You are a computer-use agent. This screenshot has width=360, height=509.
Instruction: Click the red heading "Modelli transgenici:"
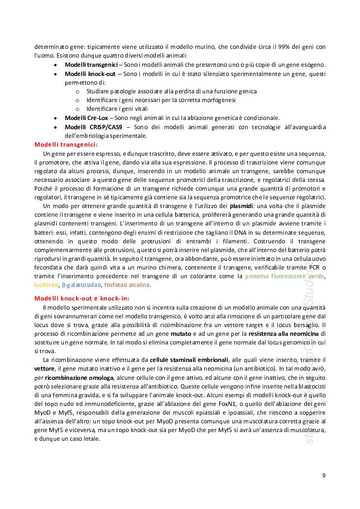[x=66, y=145]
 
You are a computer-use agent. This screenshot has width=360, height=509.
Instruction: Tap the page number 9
[x=324, y=475]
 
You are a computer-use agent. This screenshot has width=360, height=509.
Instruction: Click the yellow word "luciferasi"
[x=46, y=285]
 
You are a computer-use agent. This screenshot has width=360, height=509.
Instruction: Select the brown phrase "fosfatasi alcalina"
[x=127, y=285]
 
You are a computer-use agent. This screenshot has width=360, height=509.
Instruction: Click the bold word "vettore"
[x=45, y=369]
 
